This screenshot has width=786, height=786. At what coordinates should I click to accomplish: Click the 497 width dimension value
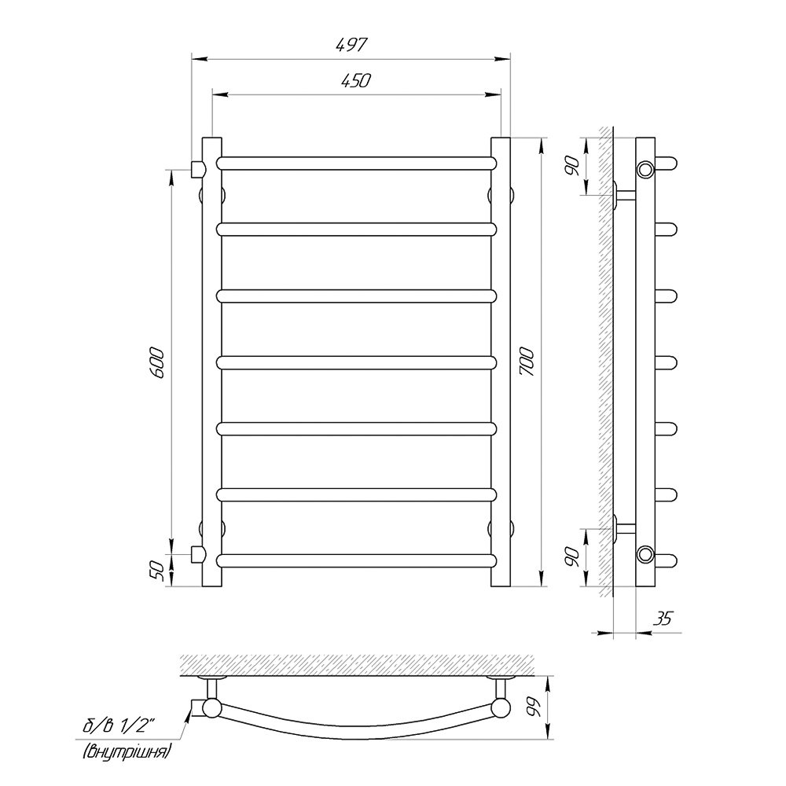coord(351,45)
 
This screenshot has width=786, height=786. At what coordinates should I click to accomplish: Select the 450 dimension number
coord(355,80)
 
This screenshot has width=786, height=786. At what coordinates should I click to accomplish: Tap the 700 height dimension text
coord(528,362)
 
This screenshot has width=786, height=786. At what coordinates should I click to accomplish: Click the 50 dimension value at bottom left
coord(157,571)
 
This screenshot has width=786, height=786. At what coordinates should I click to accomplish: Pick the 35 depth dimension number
coord(662,619)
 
